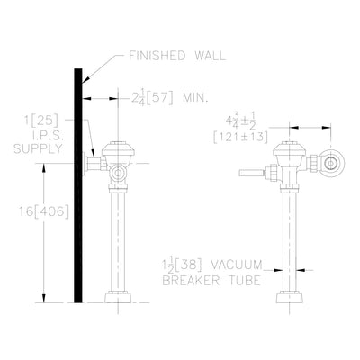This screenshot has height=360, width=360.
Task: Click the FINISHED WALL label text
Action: (x=177, y=56)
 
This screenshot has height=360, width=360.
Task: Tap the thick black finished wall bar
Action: (x=78, y=185)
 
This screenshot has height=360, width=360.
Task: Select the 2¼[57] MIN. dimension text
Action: (x=169, y=98)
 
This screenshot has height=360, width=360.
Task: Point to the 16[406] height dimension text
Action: (x=44, y=211)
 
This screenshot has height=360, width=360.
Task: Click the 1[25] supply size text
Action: (x=40, y=121)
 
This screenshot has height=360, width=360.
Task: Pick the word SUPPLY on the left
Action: (x=38, y=148)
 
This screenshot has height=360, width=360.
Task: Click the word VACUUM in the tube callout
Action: (x=236, y=265)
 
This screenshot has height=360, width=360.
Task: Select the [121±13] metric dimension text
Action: (x=240, y=137)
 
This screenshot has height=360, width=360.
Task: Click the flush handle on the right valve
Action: (x=251, y=173)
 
